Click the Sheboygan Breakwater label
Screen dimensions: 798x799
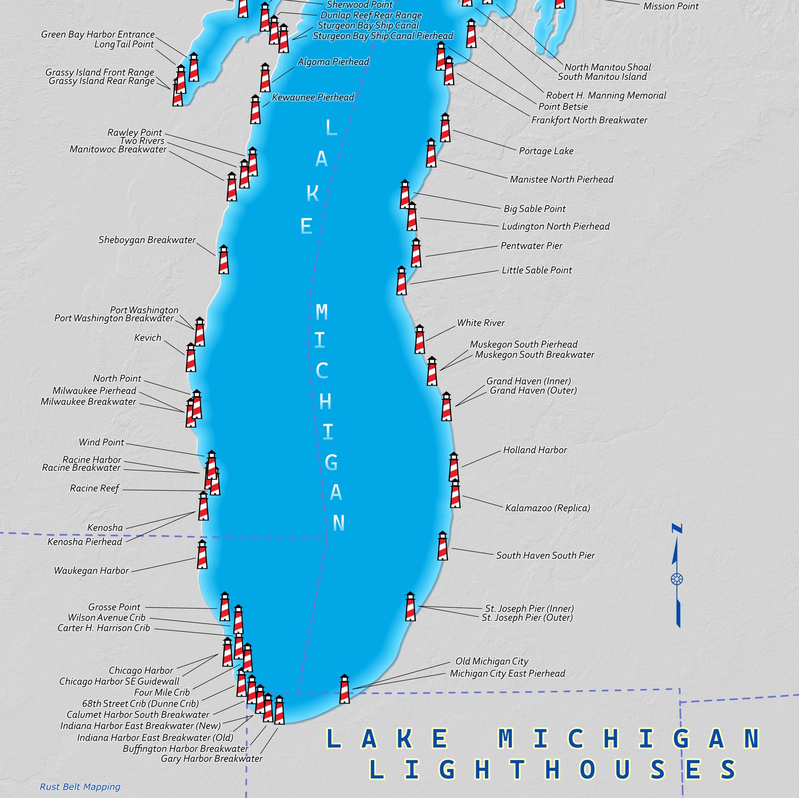147,240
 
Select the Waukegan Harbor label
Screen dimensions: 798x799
91,571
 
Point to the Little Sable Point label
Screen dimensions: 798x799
537,270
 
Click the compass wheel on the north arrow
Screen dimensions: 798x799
677,579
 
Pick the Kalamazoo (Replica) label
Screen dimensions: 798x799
547,508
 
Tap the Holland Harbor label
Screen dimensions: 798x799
535,450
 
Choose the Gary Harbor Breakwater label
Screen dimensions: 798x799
212,758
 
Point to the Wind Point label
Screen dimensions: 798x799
101,442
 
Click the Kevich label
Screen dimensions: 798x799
148,338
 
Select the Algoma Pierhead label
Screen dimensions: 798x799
333,62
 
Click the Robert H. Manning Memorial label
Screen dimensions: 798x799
606,95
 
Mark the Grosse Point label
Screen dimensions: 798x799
114,607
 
